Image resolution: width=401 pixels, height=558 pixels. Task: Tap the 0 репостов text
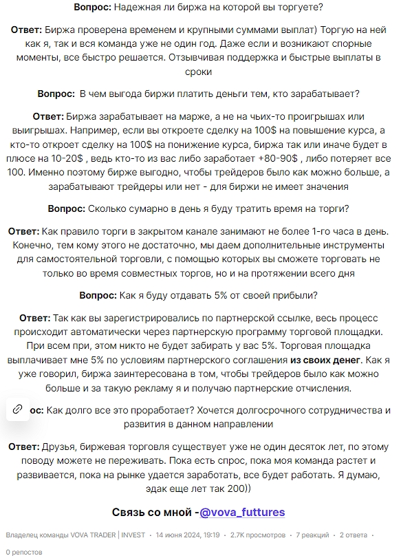pos(25,551)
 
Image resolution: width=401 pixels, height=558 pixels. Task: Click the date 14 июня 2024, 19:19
pos(187,535)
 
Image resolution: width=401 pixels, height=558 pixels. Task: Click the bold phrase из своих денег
pos(325,359)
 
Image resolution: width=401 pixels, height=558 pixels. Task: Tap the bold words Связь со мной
pos(151,512)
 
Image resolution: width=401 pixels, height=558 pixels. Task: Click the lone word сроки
pos(200,71)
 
